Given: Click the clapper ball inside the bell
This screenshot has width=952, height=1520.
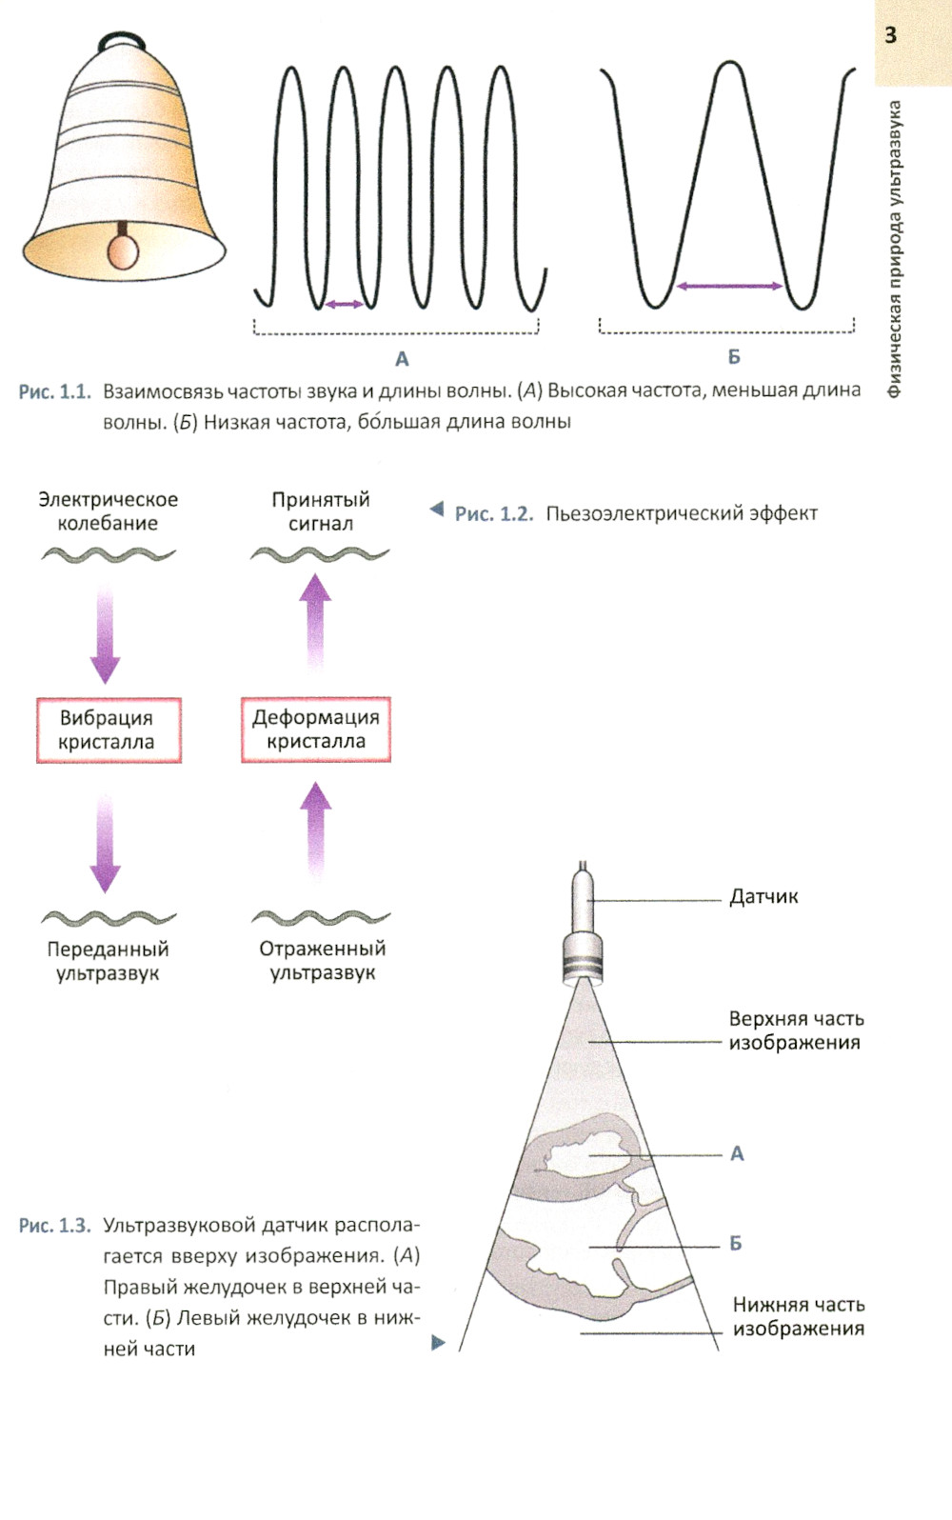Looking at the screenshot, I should tap(122, 250).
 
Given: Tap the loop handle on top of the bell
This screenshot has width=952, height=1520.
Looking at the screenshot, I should tap(121, 39).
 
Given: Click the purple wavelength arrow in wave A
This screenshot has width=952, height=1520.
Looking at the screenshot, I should tap(344, 304).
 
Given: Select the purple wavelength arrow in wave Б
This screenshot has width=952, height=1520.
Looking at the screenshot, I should tap(729, 285).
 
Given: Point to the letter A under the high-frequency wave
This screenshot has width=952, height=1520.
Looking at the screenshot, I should tap(402, 359).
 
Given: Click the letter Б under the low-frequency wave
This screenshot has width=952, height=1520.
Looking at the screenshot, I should tap(734, 357).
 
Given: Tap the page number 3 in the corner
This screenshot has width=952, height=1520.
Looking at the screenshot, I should tap(890, 35).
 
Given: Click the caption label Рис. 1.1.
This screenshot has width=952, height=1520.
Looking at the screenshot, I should tap(54, 391).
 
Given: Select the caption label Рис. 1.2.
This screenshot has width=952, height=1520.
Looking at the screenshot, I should tap(493, 513).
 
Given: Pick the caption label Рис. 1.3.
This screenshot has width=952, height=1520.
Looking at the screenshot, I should tap(54, 1225).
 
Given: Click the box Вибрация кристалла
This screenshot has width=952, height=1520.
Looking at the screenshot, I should tap(108, 730).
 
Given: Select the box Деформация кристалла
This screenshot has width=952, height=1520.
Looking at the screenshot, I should tap(316, 730).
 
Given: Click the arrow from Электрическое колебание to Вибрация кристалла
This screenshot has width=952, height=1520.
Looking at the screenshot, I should tap(105, 633).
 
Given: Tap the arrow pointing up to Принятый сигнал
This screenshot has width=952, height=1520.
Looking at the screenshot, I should tap(315, 619).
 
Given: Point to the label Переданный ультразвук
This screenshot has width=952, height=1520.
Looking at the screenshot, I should tap(108, 961).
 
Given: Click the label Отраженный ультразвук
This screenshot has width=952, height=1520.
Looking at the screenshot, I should tap(323, 960).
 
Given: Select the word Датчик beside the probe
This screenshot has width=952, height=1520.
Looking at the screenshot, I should tap(764, 896).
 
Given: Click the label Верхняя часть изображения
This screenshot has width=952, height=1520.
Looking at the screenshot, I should tap(795, 1030).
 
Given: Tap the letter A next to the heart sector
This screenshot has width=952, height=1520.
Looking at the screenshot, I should tap(737, 1153).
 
